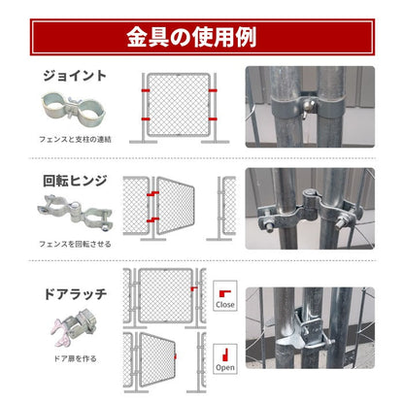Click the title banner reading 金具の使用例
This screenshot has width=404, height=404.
point(202,38)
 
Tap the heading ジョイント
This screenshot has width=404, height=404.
point(75,74)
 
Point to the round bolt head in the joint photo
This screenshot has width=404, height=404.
point(305,104)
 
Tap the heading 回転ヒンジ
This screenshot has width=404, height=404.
point(74,181)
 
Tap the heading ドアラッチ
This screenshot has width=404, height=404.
point(75,291)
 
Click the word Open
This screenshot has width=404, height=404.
point(225,367)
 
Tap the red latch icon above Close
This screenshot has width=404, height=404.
point(224,289)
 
